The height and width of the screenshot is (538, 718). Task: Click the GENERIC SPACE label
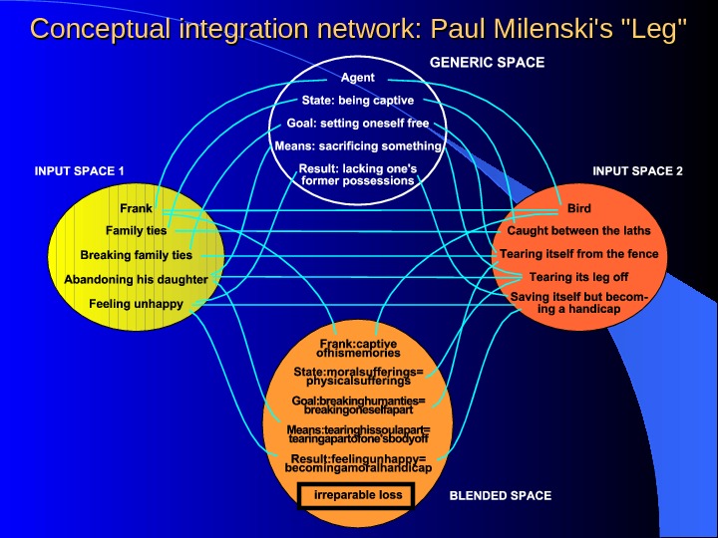pos(487,63)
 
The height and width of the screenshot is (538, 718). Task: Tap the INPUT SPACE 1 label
pos(80,171)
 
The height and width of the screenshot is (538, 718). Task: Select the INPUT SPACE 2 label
pos(637,171)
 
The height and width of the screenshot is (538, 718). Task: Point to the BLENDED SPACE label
pos(501,495)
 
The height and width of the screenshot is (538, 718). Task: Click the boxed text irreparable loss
pos(358,495)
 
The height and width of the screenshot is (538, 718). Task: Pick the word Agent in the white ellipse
pos(358,78)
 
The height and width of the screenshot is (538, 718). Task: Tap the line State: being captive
pos(358,101)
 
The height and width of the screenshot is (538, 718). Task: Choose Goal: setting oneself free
pos(358,124)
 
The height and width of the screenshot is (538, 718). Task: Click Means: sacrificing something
pos(358,146)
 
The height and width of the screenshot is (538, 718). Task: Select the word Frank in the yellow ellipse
pos(137,209)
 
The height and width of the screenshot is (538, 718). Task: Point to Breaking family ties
pos(137,255)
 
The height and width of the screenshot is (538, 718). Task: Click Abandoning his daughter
pos(137,280)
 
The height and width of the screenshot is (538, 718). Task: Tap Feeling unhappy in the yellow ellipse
pos(137,304)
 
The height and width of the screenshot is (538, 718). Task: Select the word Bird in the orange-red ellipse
pos(579,209)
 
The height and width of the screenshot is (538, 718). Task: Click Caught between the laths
pos(579,231)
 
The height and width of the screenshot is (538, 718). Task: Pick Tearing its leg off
pos(579,277)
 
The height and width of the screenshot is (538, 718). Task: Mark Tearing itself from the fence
pos(579,254)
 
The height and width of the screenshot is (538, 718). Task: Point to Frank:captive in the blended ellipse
pos(358,343)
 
